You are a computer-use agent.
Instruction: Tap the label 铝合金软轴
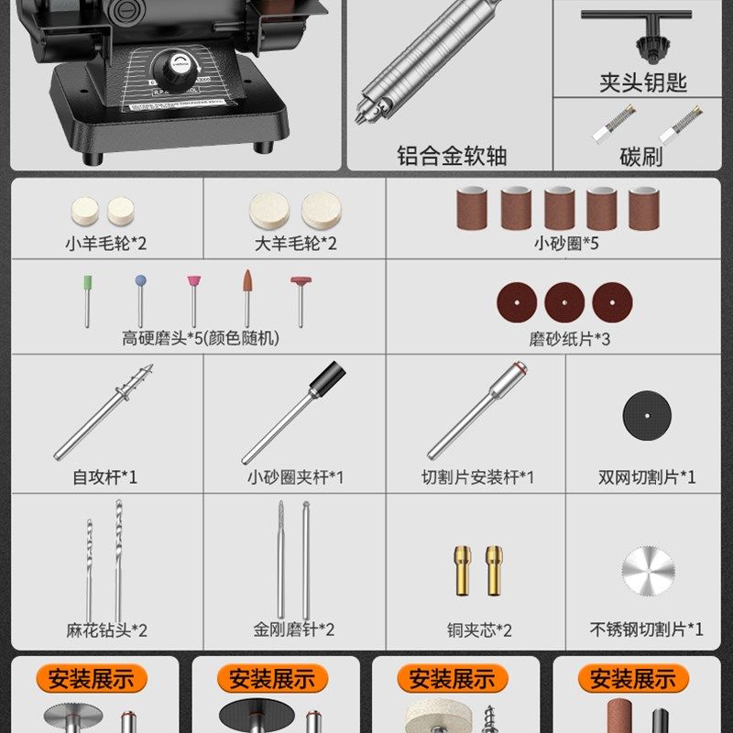tap(452, 155)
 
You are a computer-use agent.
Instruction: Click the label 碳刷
tap(641, 156)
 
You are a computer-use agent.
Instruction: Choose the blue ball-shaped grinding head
tap(140, 283)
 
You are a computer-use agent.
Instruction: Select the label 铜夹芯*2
tap(480, 630)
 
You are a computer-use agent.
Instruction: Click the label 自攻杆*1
tap(105, 477)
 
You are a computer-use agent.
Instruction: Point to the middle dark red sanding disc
tap(564, 301)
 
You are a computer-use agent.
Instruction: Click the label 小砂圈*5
tap(567, 245)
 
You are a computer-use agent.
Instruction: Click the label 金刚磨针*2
tap(294, 630)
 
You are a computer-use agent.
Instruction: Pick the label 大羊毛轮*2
tap(295, 245)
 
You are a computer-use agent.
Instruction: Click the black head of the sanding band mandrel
tap(329, 378)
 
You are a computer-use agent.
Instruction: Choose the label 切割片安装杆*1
tap(476, 477)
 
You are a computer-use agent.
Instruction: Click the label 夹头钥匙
tap(643, 83)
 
